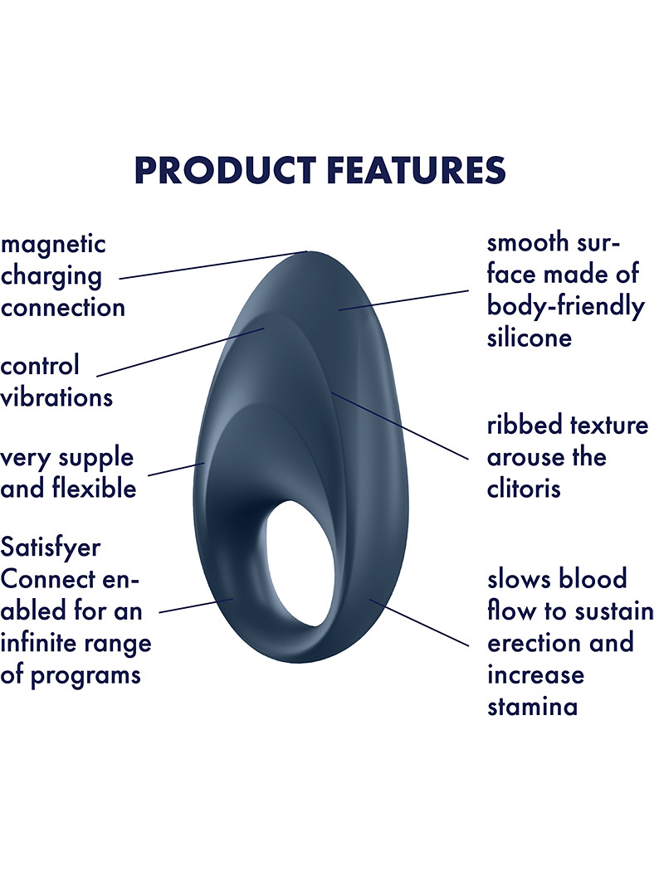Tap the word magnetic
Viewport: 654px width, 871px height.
pyautogui.click(x=53, y=245)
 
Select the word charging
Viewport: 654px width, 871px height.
pyautogui.click(x=51, y=277)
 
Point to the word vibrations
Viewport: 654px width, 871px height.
pyautogui.click(x=56, y=397)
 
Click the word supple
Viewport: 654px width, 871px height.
pyautogui.click(x=96, y=459)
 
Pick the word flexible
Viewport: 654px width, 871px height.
pyautogui.click(x=95, y=489)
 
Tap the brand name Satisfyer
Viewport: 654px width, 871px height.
pyautogui.click(x=51, y=547)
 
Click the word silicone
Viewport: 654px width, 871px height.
pyautogui.click(x=530, y=338)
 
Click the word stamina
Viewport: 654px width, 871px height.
pyautogui.click(x=532, y=707)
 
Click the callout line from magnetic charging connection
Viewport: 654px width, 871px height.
pyautogui.click(x=213, y=265)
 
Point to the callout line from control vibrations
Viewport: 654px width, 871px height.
pyautogui.click(x=180, y=353)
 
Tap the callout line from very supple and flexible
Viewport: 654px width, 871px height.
pyautogui.click(x=176, y=470)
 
